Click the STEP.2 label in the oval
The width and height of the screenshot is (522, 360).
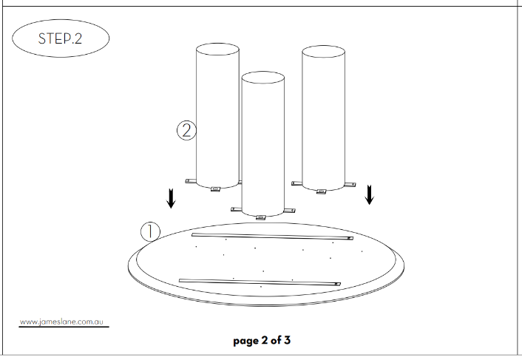click(60, 38)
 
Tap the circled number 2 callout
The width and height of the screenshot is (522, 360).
click(186, 130)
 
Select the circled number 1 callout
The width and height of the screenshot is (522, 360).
click(151, 231)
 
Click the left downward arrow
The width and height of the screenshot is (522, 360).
click(171, 198)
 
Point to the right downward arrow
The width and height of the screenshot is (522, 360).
click(369, 194)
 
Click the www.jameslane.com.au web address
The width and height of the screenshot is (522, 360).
click(61, 322)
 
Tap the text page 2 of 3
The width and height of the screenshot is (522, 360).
click(262, 341)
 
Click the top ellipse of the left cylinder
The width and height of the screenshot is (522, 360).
click(217, 50)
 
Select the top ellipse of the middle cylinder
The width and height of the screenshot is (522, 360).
click(262, 78)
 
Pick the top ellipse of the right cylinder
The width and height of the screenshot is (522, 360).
click(323, 52)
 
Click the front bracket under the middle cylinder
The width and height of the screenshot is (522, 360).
click(261, 217)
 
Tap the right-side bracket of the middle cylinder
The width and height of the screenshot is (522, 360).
click(290, 210)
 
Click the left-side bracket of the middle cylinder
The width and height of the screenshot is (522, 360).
click(237, 209)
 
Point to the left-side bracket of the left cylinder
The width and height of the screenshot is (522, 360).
click(191, 181)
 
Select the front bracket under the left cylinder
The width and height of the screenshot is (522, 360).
click(216, 189)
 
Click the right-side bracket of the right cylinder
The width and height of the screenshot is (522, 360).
click(350, 185)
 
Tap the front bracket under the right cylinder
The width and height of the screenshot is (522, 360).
click(321, 191)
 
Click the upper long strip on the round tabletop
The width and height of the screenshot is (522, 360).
click(272, 237)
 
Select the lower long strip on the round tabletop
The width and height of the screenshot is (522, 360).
click(260, 282)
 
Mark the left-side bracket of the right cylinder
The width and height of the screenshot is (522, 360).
click(297, 183)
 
